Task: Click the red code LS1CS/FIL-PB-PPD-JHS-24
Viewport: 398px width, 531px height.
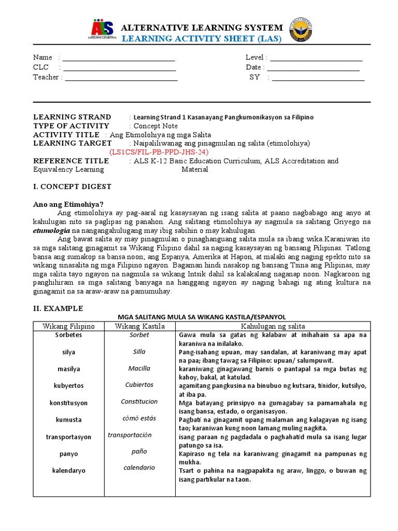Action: click(159, 152)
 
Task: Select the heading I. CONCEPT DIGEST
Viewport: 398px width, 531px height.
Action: click(72, 187)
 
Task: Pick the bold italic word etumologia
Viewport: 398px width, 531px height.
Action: click(52, 230)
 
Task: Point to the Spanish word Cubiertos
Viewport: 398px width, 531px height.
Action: click(139, 385)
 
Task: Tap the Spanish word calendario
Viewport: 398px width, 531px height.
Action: click(139, 468)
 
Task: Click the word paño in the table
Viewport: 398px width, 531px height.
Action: click(139, 452)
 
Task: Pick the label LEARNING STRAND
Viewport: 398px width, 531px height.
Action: click(72, 117)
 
